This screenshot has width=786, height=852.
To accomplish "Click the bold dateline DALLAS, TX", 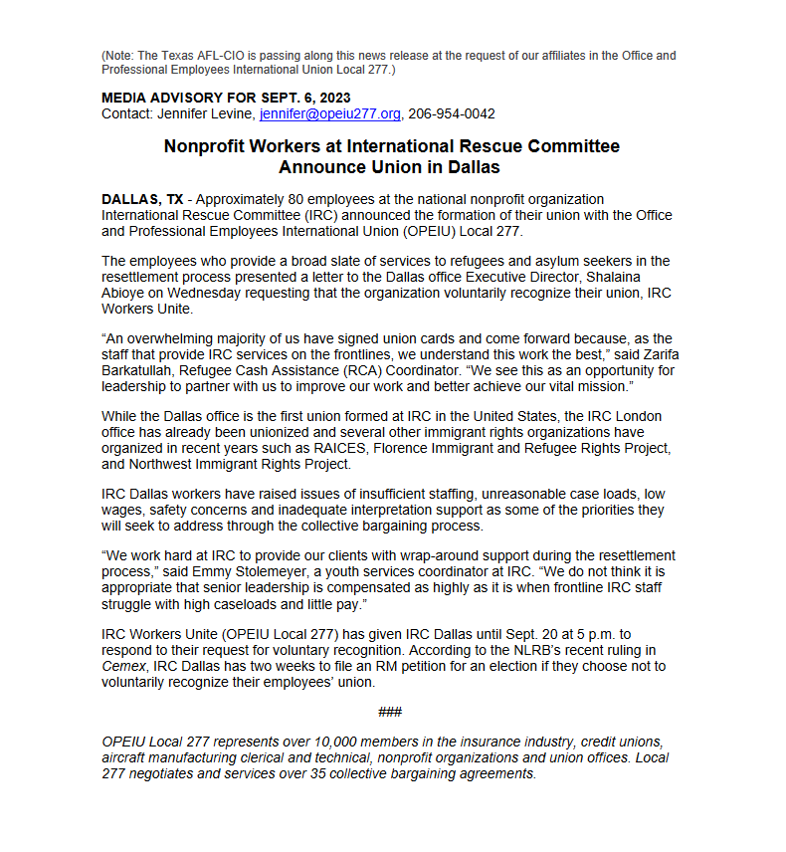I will (142, 200).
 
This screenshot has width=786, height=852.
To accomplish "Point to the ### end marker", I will (390, 712).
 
